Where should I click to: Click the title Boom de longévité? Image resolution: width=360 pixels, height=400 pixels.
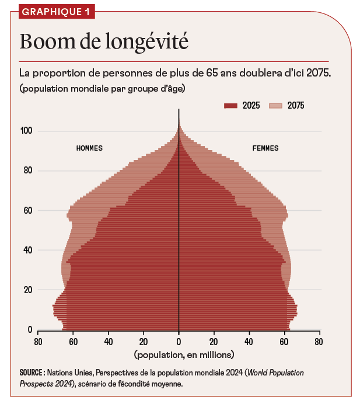click(104, 41)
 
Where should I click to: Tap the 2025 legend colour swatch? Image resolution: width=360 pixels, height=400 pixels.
click(231, 106)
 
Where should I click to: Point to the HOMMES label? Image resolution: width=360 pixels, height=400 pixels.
click(89, 148)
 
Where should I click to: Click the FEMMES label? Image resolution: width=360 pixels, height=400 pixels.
click(265, 148)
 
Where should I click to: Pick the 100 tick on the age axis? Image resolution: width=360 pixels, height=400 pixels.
click(26, 131)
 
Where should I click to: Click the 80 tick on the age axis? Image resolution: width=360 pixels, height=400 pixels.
click(27, 171)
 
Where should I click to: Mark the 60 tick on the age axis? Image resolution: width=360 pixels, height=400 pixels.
click(27, 210)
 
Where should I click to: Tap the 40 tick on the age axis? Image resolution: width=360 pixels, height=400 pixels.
click(27, 250)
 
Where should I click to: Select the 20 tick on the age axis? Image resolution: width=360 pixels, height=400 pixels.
click(27, 290)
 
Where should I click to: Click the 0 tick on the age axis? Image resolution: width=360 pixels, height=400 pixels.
click(30, 330)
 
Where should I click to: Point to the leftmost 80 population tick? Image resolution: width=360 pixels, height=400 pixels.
click(39, 342)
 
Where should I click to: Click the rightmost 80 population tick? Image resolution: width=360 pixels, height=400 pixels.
click(319, 342)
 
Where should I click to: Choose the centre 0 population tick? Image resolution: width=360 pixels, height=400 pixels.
click(179, 342)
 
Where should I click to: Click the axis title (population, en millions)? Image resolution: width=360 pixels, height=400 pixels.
click(184, 354)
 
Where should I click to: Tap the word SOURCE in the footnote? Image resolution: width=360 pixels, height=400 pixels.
click(32, 373)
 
